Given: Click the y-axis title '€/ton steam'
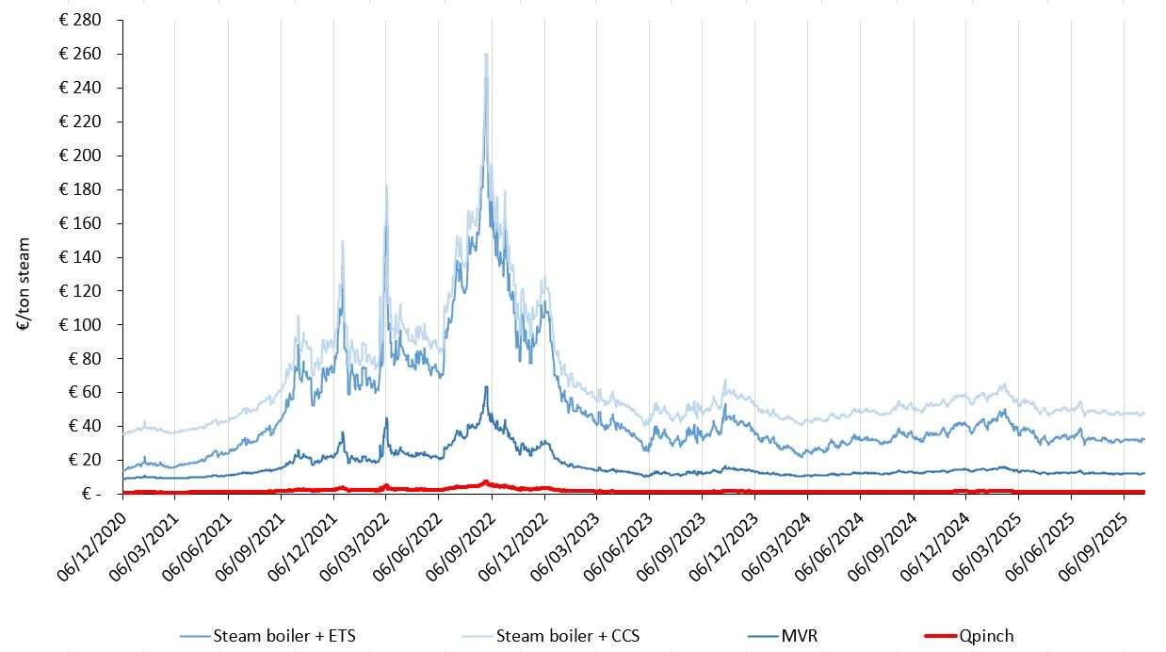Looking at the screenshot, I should pyautogui.click(x=24, y=284).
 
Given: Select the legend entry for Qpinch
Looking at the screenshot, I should pyautogui.click(x=986, y=636).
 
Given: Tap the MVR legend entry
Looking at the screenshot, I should pyautogui.click(x=799, y=636).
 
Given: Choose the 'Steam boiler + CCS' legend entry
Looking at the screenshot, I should pyautogui.click(x=568, y=636).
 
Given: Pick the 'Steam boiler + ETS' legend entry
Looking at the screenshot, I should pyautogui.click(x=284, y=636).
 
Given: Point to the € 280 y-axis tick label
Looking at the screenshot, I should pyautogui.click(x=80, y=20).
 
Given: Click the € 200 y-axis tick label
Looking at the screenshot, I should pyautogui.click(x=80, y=155).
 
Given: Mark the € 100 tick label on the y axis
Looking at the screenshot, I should pyautogui.click(x=80, y=325).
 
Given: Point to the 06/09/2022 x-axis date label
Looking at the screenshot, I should pyautogui.click(x=459, y=539).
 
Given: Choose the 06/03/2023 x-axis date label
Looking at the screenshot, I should pyautogui.click(x=563, y=539).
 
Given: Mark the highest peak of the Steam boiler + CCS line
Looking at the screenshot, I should pyautogui.click(x=486, y=55).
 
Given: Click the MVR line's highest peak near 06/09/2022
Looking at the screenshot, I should pyautogui.click(x=486, y=386).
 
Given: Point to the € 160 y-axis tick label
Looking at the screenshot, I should pyautogui.click(x=80, y=223).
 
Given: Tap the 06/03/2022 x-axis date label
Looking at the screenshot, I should pyautogui.click(x=353, y=539).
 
